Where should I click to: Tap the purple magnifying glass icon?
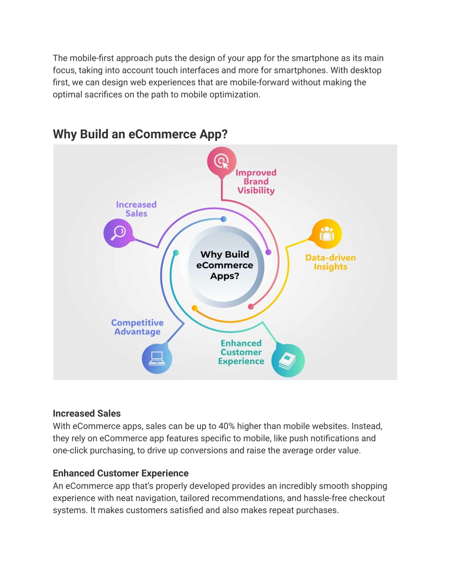tap(118, 233)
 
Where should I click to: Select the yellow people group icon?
tap(327, 234)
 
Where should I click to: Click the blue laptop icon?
tap(157, 358)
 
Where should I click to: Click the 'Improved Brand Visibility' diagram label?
tap(256, 182)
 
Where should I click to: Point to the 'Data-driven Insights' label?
tap(331, 262)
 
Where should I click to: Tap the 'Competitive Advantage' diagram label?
tap(137, 327)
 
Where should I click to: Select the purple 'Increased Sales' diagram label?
tap(136, 209)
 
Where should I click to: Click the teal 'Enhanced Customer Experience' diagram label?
tap(241, 352)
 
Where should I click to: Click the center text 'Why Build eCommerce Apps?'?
tap(224, 265)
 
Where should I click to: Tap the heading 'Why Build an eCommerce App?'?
tap(140, 134)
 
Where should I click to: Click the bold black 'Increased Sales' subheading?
tap(86, 414)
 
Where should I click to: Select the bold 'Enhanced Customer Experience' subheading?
tap(121, 473)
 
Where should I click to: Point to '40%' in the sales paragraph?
tap(227, 426)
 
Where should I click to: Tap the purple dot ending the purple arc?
tap(268, 252)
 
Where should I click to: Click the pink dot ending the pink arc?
tap(251, 307)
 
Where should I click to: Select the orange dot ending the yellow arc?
tap(195, 308)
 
